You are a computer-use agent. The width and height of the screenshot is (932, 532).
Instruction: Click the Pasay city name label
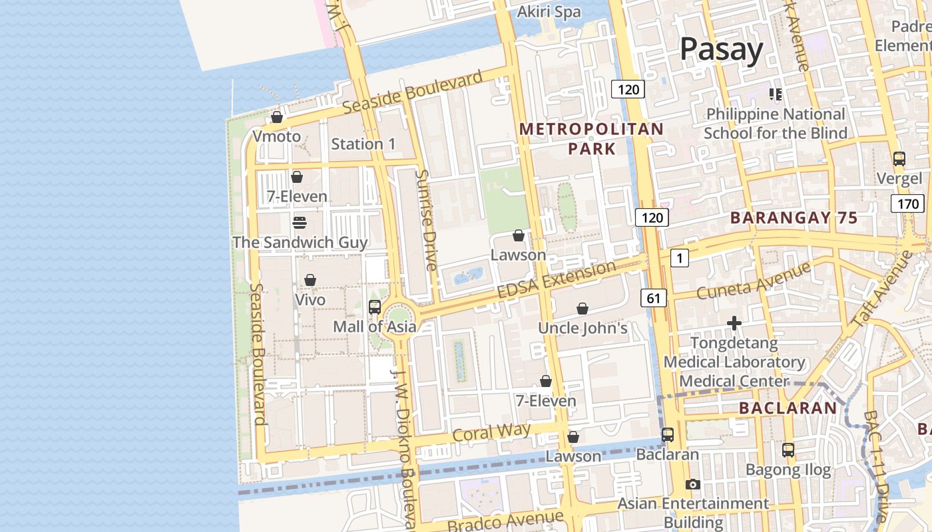tap(721, 50)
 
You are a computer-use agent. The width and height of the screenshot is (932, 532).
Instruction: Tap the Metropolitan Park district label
tap(591, 138)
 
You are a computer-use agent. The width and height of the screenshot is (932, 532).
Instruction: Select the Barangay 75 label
tap(794, 217)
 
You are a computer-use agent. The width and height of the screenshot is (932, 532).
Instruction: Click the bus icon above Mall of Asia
tap(375, 307)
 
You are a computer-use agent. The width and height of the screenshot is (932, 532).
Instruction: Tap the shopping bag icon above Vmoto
tap(277, 117)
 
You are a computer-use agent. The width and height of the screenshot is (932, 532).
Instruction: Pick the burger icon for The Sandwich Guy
tap(299, 222)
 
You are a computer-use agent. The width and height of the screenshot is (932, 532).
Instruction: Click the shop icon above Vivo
tap(310, 280)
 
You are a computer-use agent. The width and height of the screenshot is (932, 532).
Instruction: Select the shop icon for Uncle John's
tap(582, 309)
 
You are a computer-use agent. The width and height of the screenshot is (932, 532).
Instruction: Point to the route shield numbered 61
tap(653, 298)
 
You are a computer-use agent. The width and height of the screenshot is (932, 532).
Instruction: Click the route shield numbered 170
tap(907, 203)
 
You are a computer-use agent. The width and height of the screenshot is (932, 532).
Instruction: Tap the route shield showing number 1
tap(679, 258)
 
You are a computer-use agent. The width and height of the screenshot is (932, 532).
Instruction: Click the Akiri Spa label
tap(549, 12)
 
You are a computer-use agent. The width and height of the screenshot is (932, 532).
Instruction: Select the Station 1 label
tap(363, 144)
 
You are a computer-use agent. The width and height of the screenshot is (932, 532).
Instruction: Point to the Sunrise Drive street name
tap(426, 220)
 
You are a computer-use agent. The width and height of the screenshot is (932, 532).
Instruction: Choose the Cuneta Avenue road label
tap(753, 281)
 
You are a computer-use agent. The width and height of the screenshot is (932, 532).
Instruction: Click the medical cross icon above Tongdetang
tap(734, 323)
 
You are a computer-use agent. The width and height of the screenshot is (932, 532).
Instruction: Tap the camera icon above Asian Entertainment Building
tap(693, 484)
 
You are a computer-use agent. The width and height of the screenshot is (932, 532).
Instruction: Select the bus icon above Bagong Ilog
tap(788, 450)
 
